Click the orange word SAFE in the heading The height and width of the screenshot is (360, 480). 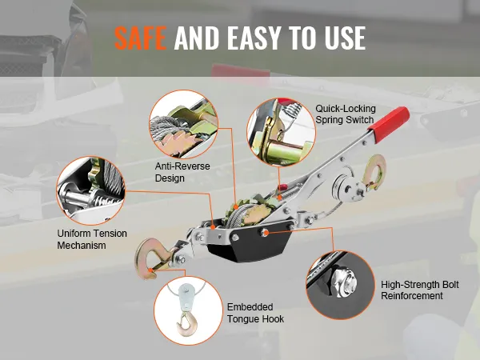[x=140, y=38]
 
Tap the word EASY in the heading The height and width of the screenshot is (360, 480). [x=254, y=38]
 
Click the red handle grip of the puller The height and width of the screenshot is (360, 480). [x=389, y=124]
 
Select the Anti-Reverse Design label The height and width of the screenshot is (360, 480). [x=182, y=172]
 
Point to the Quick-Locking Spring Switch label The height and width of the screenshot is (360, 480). [x=346, y=114]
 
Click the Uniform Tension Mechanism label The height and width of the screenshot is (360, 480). [x=92, y=239]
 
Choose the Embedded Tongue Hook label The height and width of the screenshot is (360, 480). [x=255, y=313]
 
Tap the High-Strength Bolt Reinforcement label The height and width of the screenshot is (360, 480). [x=420, y=290]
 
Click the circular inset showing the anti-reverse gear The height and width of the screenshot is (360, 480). [x=184, y=124]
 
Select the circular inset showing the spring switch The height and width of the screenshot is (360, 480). [x=281, y=132]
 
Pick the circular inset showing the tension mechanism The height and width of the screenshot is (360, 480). [x=91, y=190]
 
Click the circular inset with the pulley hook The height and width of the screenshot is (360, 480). [x=188, y=310]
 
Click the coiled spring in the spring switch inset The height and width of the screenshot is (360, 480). [x=292, y=110]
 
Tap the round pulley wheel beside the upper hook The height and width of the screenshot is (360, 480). [x=343, y=187]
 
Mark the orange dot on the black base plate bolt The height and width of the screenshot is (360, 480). [x=266, y=233]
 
